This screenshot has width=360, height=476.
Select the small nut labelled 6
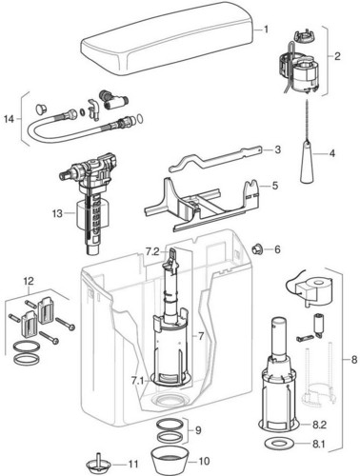tap(256, 249)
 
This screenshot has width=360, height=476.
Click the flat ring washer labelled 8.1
tap(278, 445)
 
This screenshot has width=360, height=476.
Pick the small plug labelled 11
tap(98, 465)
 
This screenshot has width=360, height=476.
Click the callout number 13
tap(57, 213)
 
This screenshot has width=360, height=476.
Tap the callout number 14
tap(10, 119)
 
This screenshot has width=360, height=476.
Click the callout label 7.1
tap(138, 380)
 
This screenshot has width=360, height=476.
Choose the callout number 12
tap(29, 281)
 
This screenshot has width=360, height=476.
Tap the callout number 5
tap(275, 185)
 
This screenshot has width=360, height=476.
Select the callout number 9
tap(198, 430)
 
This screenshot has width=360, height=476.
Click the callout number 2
tap(337, 56)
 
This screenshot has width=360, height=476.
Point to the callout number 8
tap(354, 360)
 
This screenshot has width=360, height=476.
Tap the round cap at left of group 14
tap(40, 109)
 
